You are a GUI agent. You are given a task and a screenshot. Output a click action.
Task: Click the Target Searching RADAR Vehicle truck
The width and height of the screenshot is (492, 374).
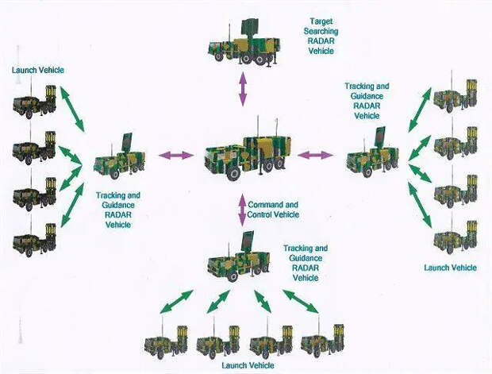point(244,43)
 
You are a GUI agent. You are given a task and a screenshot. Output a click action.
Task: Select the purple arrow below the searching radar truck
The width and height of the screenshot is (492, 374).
point(243,88)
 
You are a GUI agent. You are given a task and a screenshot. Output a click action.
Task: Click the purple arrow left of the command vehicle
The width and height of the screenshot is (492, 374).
point(176,155)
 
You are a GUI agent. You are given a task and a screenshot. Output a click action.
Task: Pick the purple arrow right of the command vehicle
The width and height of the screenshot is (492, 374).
point(315,155)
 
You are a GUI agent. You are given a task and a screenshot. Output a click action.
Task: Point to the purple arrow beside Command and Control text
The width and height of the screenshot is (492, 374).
point(242,210)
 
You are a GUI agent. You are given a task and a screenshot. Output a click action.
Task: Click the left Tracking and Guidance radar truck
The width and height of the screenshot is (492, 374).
point(120,157)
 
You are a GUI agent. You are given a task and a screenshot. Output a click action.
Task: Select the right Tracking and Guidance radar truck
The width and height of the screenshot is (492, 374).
point(373,152)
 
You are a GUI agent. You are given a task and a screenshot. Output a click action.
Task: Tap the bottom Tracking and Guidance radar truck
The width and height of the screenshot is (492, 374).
point(239,256)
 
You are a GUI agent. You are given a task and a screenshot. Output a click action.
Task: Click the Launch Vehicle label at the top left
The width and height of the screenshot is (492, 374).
point(38,70)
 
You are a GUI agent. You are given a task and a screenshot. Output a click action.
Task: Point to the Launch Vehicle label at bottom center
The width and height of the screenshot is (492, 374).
point(248,365)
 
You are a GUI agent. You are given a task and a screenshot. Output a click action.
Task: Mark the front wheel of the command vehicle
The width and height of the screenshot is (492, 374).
point(233,172)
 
